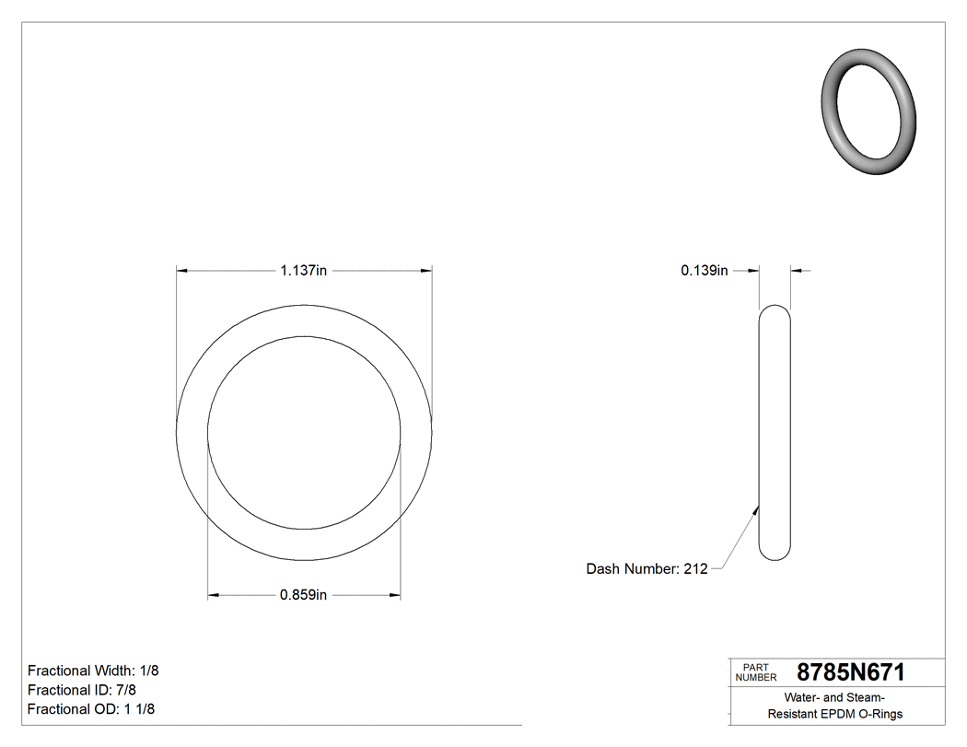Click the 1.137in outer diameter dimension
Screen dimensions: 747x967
point(304,271)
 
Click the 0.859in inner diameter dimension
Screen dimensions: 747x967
point(304,595)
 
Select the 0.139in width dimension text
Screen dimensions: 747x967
point(705,271)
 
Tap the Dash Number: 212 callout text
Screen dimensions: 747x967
point(647,569)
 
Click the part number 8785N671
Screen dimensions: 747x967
point(850,672)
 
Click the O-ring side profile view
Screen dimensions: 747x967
point(775,433)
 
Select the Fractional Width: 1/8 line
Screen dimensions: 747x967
point(93,671)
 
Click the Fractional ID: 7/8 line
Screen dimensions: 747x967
point(82,690)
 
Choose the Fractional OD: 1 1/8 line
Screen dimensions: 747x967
point(91,709)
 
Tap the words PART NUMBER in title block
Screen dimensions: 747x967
point(756,672)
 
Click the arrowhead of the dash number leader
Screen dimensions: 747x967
point(757,506)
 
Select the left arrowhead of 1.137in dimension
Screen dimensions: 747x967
point(181,271)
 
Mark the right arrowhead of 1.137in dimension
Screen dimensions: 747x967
point(426,271)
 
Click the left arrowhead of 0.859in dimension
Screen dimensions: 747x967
point(214,595)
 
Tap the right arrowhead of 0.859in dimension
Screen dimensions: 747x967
point(395,595)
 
